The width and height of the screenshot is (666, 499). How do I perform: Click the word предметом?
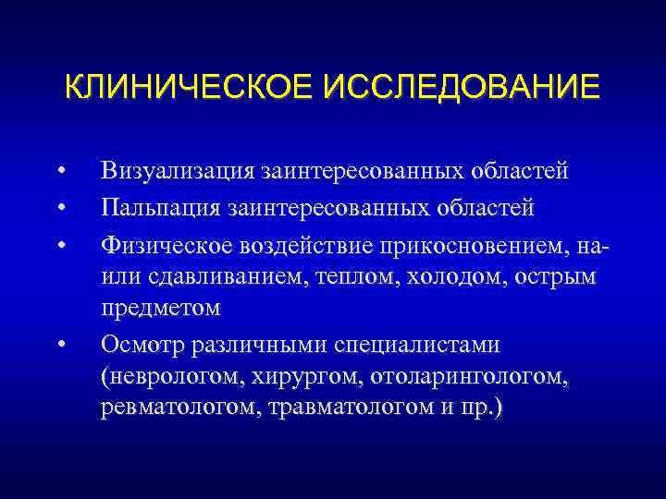161,306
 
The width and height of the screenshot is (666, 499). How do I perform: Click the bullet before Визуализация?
60,172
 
